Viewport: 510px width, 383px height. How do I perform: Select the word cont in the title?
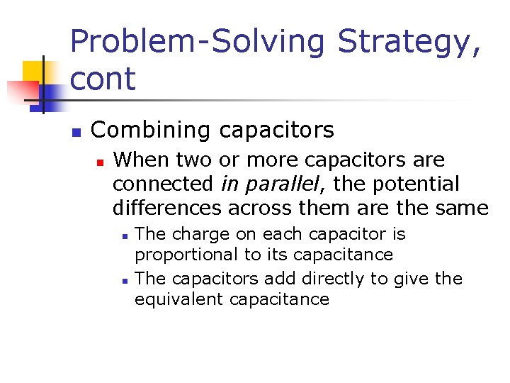coord(103,78)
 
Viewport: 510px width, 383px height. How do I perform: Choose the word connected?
coord(163,184)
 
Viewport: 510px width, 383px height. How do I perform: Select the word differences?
coord(166,209)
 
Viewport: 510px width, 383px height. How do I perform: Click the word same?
coord(463,209)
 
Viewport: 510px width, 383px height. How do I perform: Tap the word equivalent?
coord(176,299)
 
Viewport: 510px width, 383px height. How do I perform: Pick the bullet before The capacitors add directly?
coord(124,280)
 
